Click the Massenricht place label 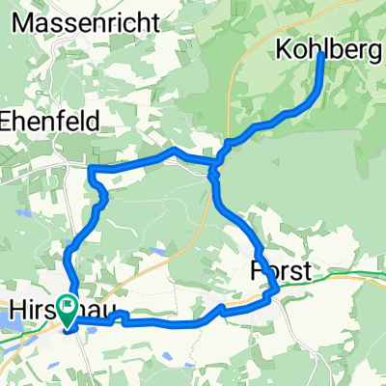pyautogui.click(x=75, y=18)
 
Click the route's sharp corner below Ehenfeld pyautogui.click(x=93, y=169)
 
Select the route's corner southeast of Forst pyautogui.click(x=276, y=289)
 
